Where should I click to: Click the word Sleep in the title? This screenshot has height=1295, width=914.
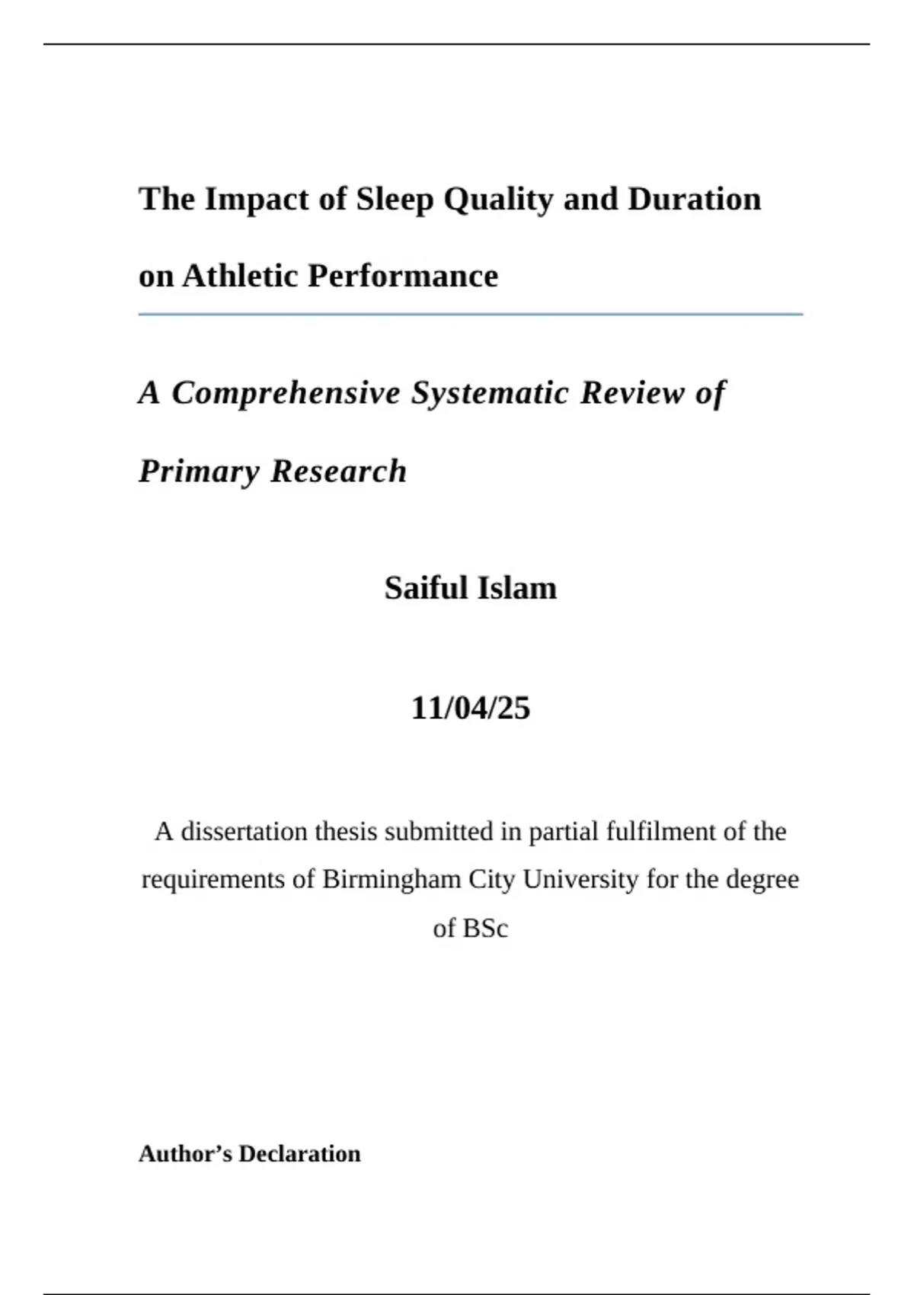point(395,200)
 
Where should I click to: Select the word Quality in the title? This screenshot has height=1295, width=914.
point(498,200)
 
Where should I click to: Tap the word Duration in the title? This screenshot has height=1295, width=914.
point(694,200)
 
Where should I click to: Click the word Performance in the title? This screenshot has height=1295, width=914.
point(403,276)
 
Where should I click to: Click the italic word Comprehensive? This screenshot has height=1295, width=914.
point(286,393)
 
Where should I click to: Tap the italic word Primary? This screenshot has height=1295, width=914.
point(199,471)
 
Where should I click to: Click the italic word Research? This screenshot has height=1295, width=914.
point(339,471)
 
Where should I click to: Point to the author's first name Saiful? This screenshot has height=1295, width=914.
point(426,588)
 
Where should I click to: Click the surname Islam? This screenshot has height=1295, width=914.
point(517,588)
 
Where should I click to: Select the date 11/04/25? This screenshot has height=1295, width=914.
point(471,708)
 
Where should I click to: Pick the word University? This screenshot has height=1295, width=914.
point(580,879)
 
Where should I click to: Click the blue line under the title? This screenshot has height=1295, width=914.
point(471,314)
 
